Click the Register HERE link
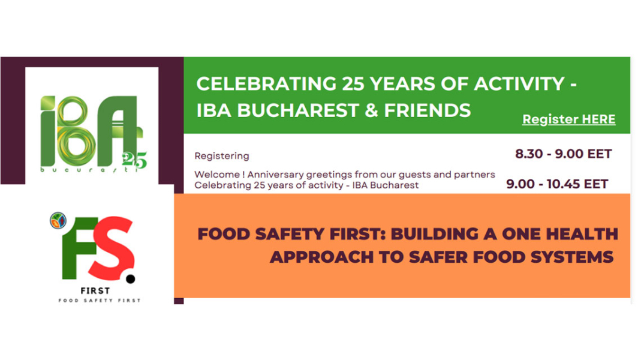pos(568,119)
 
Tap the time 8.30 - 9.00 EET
pos(563,154)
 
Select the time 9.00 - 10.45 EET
pos(557,184)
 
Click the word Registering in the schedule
pos(221,156)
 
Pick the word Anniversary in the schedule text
pos(273,175)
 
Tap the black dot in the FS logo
pos(131,278)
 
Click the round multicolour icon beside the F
pos(58,220)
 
